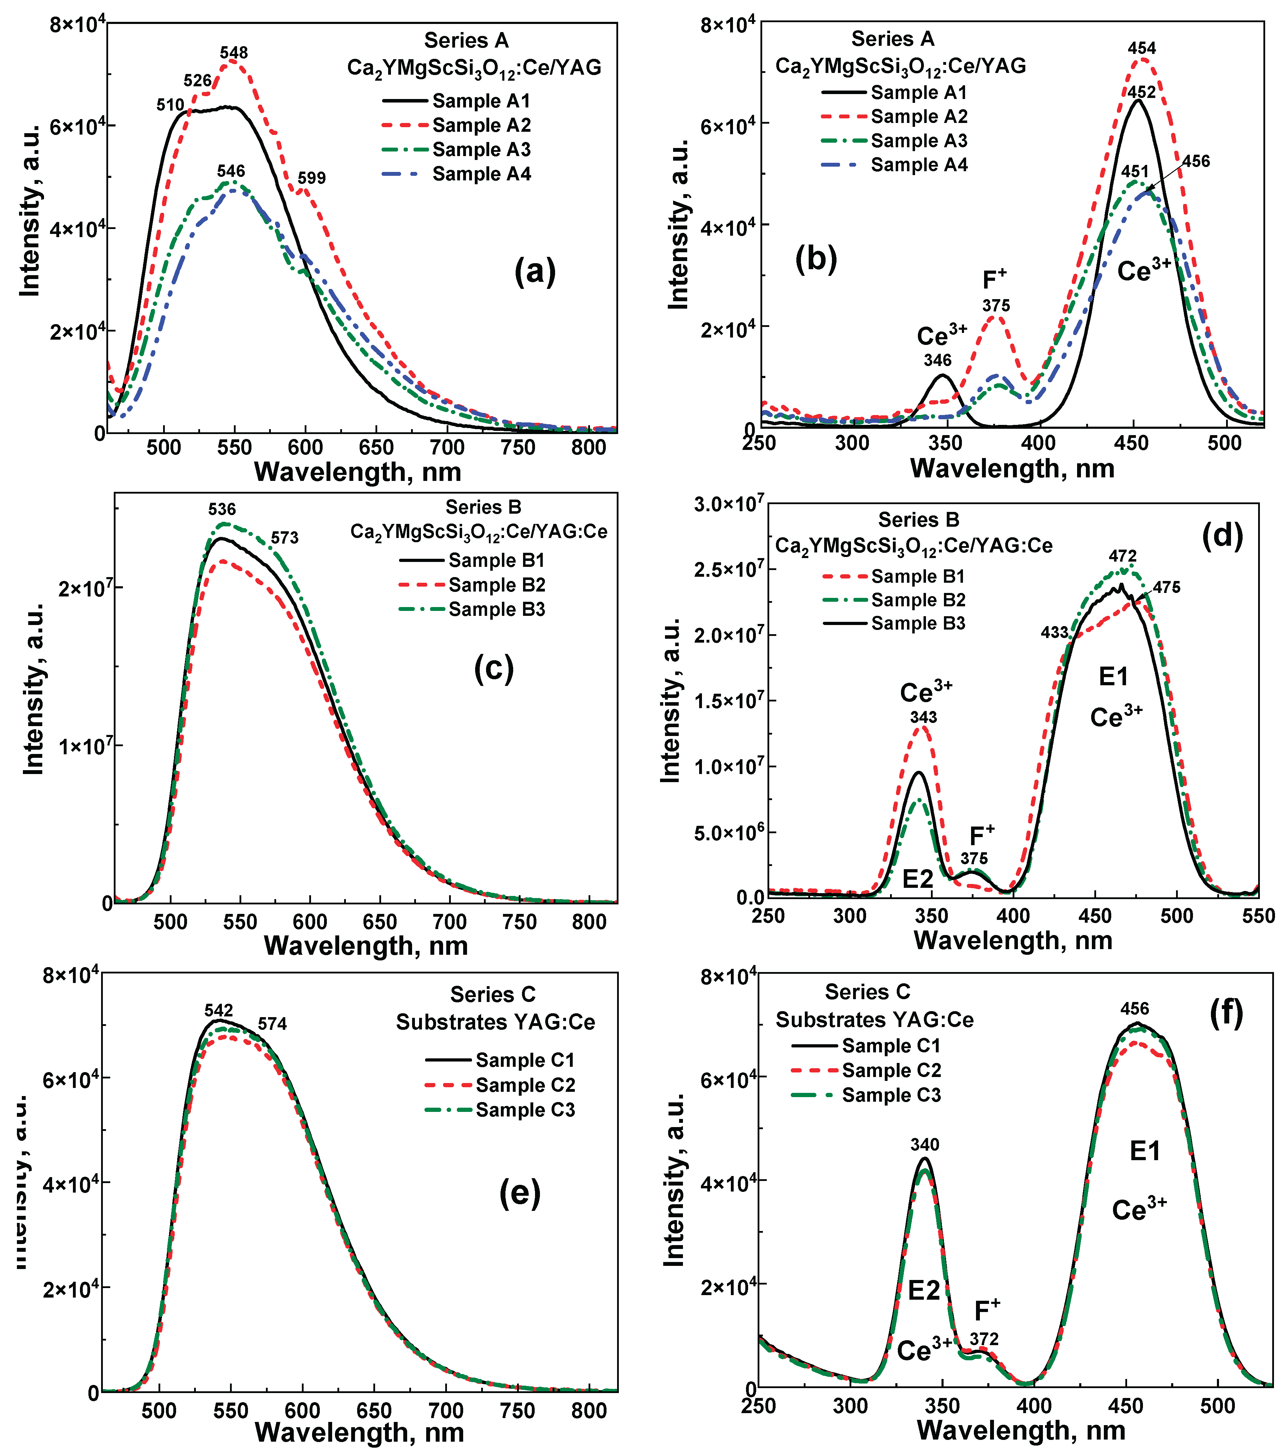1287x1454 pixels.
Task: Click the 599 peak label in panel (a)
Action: pos(311,178)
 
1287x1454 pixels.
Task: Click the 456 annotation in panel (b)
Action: pos(1196,161)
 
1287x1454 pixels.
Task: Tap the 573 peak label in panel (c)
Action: pos(285,538)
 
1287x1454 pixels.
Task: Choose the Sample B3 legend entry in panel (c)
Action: pos(496,610)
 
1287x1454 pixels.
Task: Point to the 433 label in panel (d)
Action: pos(1055,632)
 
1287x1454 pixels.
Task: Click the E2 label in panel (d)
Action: pos(917,879)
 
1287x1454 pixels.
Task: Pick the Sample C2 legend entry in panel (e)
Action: pos(525,1085)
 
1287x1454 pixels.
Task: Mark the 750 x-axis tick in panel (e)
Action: pos(517,1411)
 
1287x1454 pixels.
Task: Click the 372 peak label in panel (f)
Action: pos(984,1339)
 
